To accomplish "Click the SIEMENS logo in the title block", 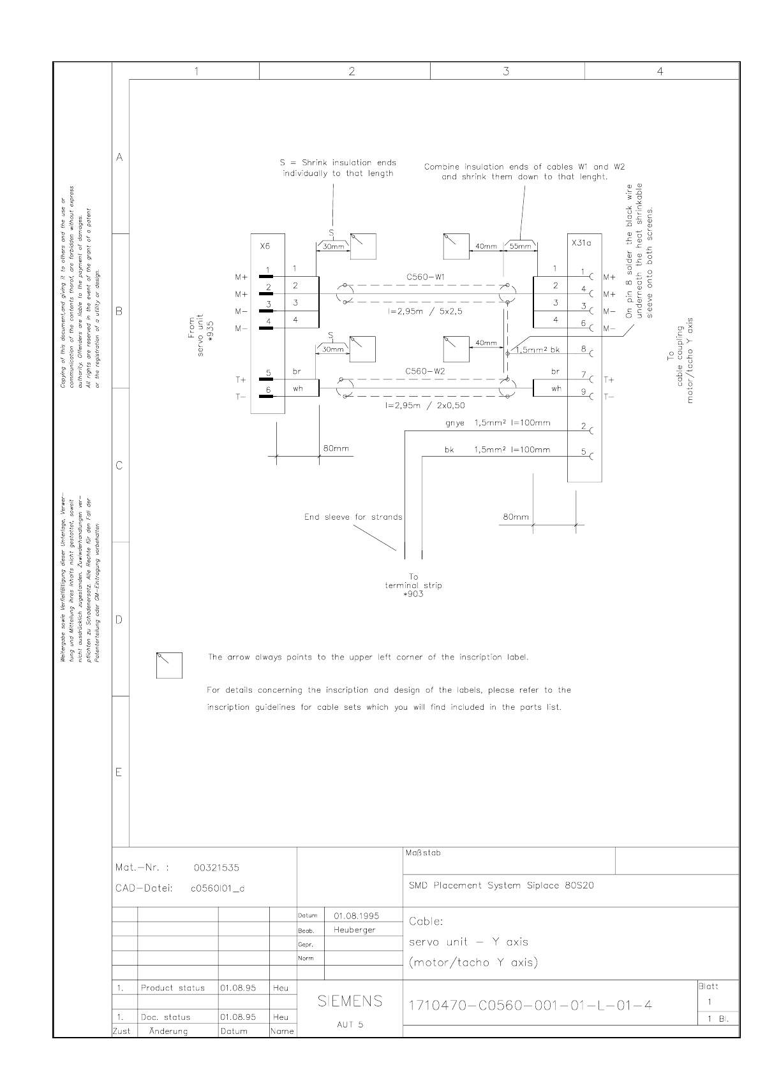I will tap(350, 1001).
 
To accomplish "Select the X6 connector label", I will tap(265, 246).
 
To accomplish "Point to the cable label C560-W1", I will tap(426, 277).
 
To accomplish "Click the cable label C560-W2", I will tap(426, 371).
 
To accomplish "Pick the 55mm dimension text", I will tap(521, 246).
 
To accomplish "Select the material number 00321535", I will tap(216, 867).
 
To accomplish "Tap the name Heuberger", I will tap(354, 930).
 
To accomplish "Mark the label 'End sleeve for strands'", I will tap(353, 517).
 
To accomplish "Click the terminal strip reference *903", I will tap(413, 594).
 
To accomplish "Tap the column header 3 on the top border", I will tap(506, 71).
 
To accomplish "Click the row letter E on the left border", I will tap(119, 772).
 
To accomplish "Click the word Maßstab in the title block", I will tap(422, 853).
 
